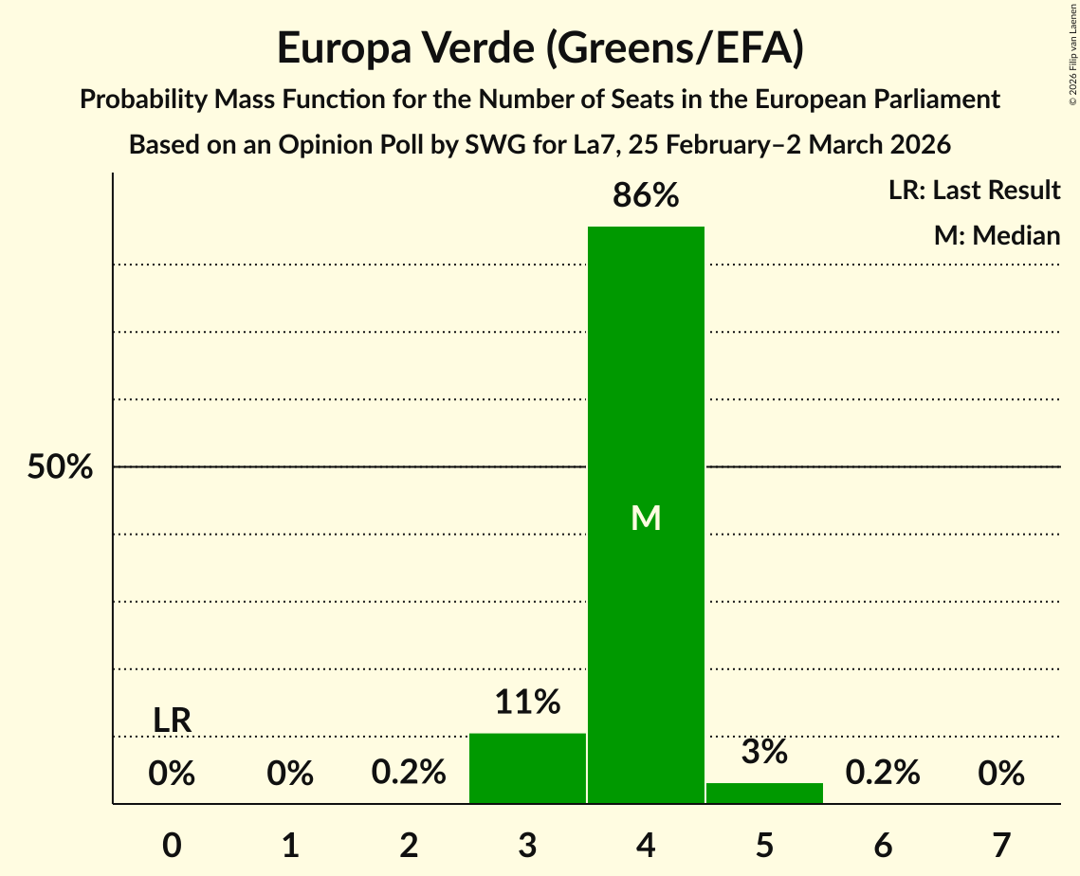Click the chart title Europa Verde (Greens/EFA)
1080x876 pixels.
tap(540, 48)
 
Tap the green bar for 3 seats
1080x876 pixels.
tap(527, 768)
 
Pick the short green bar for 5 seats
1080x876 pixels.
tap(764, 794)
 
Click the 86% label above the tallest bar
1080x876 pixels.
tap(646, 195)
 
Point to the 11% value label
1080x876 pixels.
tap(527, 703)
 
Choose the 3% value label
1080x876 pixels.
tap(764, 752)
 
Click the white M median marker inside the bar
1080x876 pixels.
tap(646, 518)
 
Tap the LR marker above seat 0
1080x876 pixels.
tap(172, 721)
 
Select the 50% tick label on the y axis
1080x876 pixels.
tap(60, 467)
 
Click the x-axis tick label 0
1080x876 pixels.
tap(172, 845)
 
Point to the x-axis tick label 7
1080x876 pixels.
tap(1001, 845)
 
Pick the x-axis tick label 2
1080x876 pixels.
tap(409, 845)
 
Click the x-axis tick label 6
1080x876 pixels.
tap(883, 845)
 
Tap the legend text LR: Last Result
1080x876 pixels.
tap(974, 191)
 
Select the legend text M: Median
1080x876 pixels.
tap(997, 235)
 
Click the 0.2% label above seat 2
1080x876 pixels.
tap(409, 773)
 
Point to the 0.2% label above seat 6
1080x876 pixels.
tap(883, 773)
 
